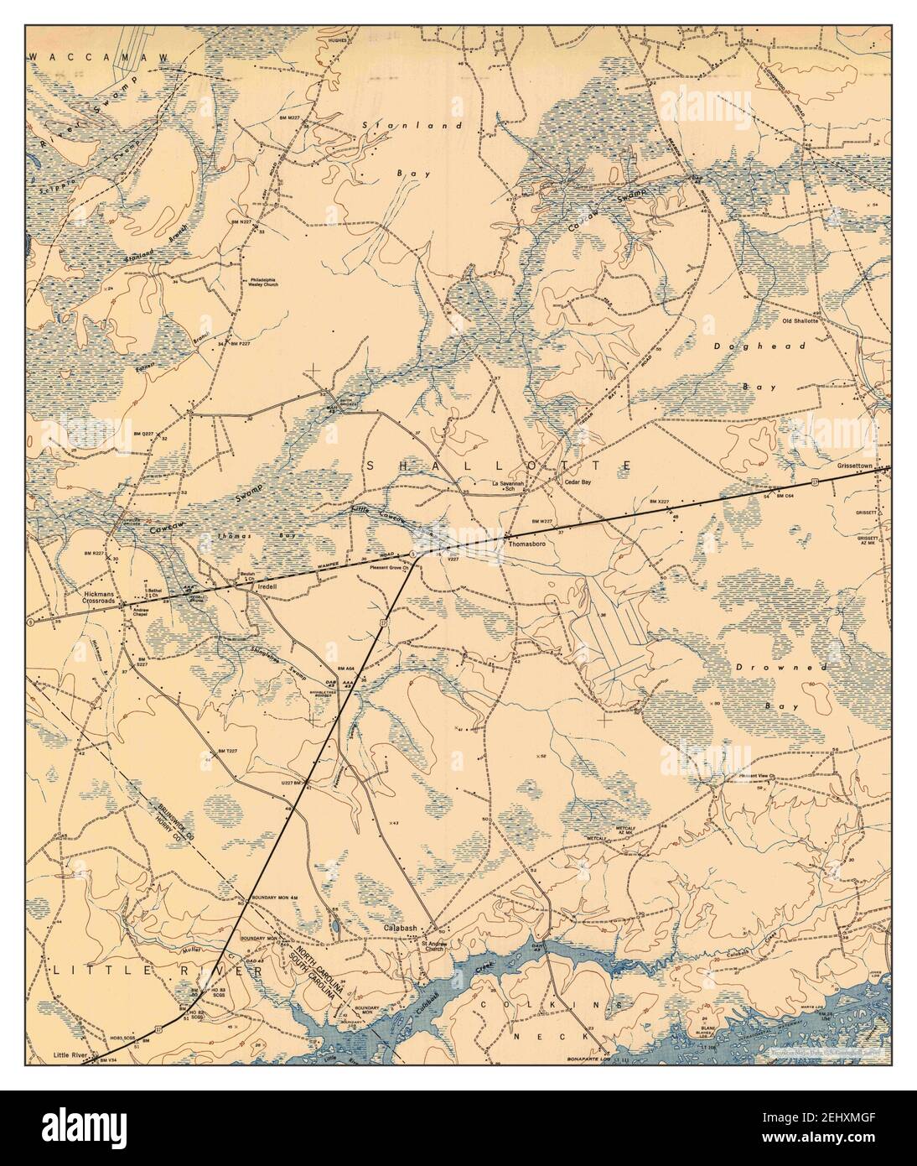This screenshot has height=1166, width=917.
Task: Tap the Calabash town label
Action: click(x=401, y=929)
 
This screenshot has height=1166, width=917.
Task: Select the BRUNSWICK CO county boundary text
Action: click(x=171, y=813)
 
